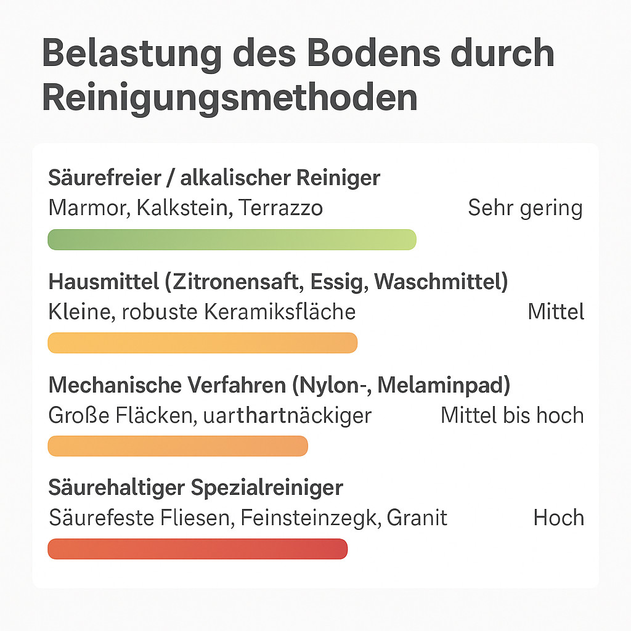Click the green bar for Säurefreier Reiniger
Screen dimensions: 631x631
pos(232,240)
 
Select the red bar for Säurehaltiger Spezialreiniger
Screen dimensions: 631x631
pos(197,549)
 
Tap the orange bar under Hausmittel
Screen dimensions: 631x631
pos(202,343)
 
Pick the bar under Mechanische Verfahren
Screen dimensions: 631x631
pos(177,446)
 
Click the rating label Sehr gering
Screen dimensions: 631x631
pos(525,208)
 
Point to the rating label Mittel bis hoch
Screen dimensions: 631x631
pos(512,415)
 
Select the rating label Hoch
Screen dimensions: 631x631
pos(558,518)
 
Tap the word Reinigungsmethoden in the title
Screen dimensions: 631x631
pos(229,97)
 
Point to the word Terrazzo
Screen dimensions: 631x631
pos(280,208)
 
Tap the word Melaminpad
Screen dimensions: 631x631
pos(444,385)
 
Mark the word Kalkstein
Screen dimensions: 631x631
pos(183,208)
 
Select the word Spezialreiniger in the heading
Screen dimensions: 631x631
pos(266,488)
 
